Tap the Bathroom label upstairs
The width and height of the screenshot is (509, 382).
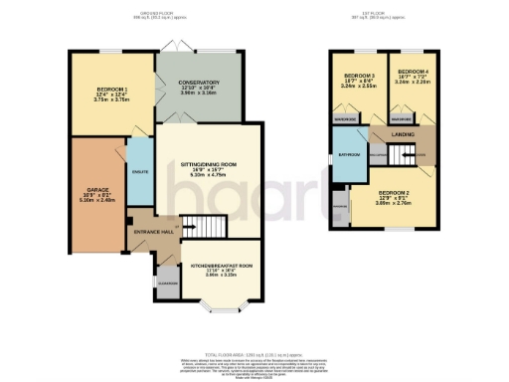tap(348, 153)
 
